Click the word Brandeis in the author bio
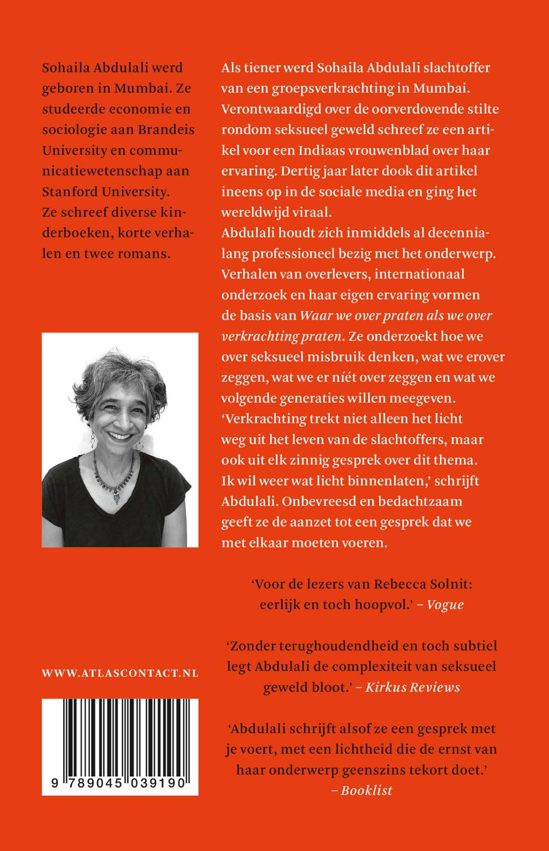coord(166,130)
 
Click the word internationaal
coord(419,274)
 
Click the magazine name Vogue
coord(445,605)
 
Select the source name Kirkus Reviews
coord(412,687)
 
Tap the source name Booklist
coord(367,790)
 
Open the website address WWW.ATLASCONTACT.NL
coord(120,673)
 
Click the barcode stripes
coord(120,738)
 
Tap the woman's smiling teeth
coord(120,436)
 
